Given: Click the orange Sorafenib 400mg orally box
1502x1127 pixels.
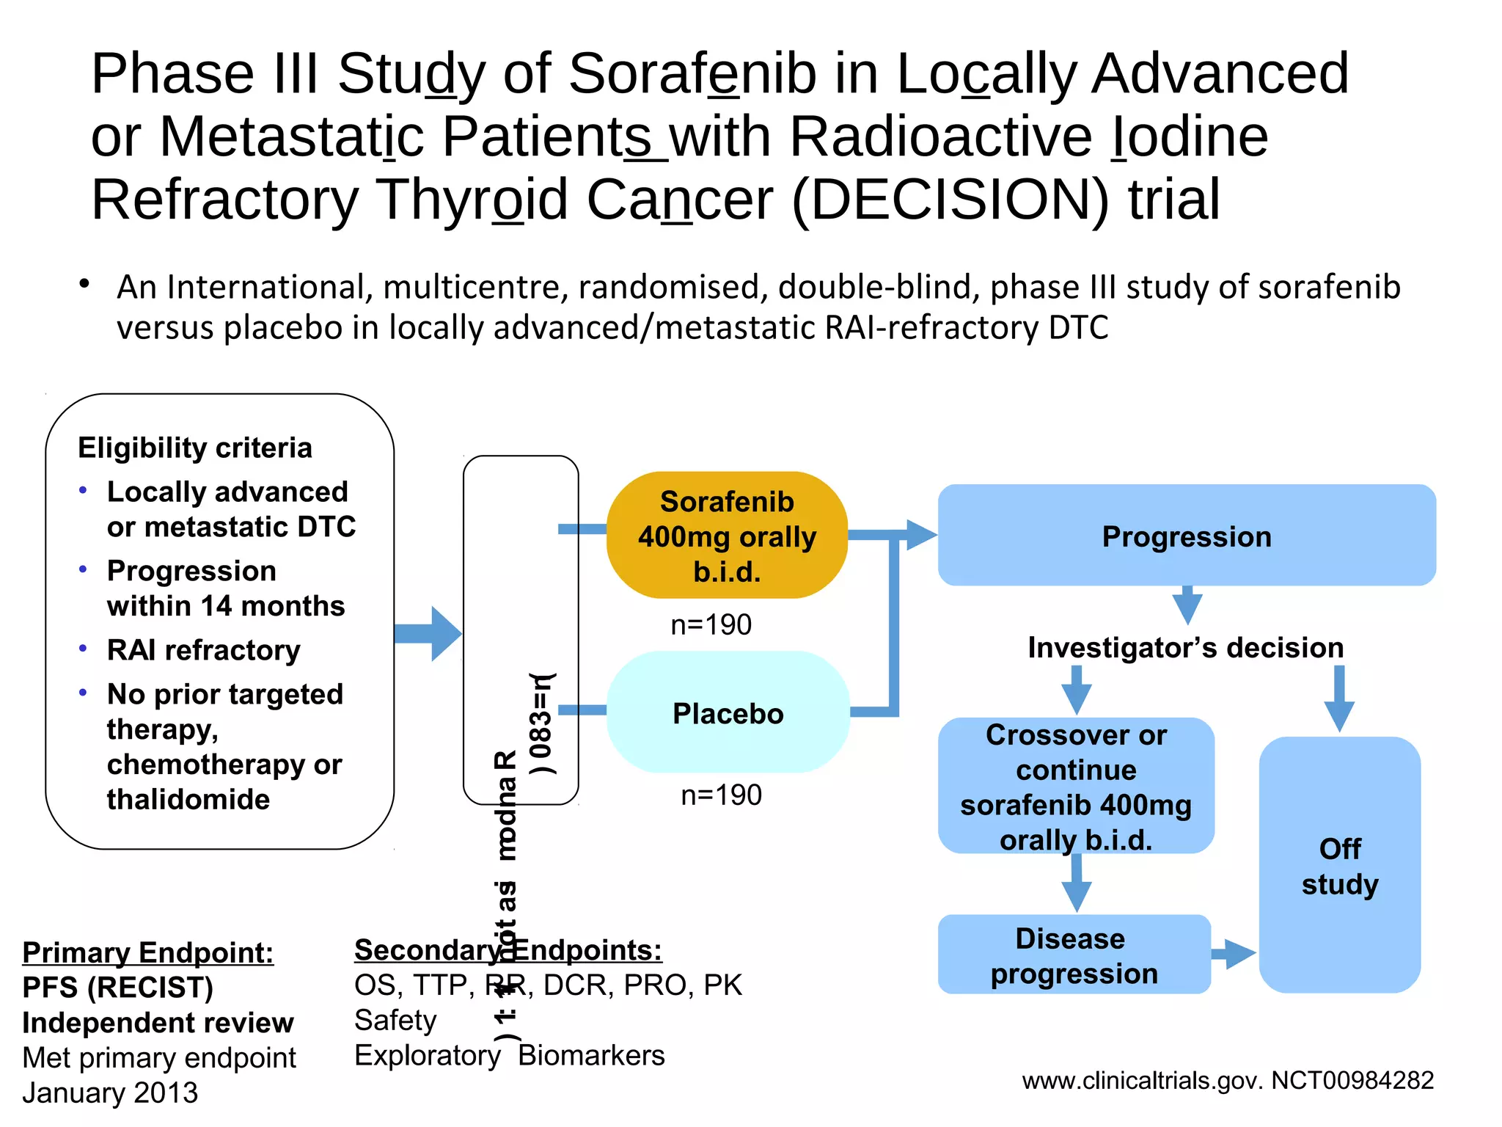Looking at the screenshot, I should (727, 536).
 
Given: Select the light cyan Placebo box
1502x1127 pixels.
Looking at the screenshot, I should (728, 713).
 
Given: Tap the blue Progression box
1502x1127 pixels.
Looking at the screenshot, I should (1186, 536).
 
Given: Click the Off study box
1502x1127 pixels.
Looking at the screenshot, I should (1339, 866).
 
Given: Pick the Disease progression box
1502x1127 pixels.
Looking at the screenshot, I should (1074, 955).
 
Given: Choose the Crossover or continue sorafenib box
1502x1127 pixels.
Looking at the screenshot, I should (1075, 787).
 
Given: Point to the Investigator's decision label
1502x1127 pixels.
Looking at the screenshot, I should (1185, 648).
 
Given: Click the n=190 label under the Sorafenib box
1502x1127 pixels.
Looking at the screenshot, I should (711, 625).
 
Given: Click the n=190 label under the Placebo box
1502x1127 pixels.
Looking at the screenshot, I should (721, 795).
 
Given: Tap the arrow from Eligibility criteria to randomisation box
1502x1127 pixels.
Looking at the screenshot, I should (429, 634).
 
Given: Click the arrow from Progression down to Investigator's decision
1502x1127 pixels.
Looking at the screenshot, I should (1187, 605).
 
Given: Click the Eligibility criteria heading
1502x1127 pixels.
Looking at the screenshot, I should (195, 448).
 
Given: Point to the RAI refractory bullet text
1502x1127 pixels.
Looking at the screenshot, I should (203, 650).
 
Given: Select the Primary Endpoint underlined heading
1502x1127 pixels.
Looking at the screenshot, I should (147, 952).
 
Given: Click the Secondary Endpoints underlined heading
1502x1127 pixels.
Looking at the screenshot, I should (508, 950).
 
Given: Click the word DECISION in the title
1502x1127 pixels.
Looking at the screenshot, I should (950, 200).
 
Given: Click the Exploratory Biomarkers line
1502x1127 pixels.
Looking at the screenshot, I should (509, 1056).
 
